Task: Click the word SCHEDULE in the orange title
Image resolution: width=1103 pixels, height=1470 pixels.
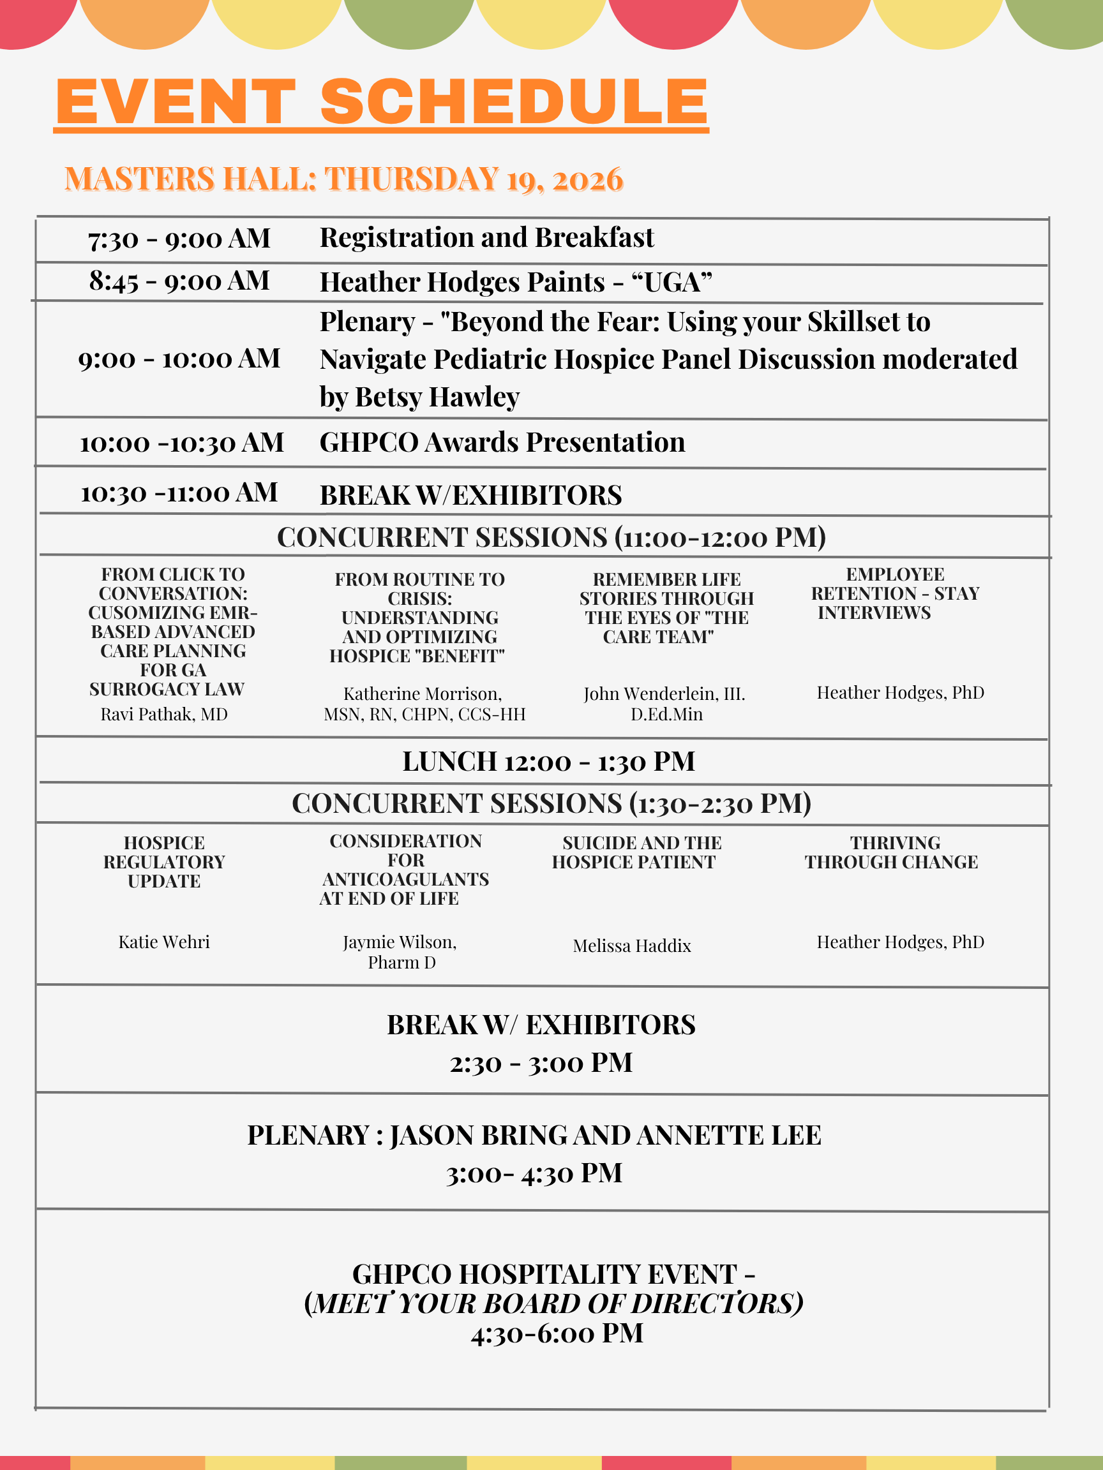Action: [514, 101]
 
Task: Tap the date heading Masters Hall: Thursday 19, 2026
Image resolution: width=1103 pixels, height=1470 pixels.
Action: [344, 179]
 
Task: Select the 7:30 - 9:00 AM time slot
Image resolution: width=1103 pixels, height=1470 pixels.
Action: [179, 239]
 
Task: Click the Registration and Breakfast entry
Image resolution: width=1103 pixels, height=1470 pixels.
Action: [486, 238]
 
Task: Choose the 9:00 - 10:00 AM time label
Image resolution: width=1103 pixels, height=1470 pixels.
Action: [179, 359]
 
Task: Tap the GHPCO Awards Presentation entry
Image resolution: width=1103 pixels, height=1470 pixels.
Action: [502, 443]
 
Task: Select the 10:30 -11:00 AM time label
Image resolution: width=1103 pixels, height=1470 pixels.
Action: [179, 493]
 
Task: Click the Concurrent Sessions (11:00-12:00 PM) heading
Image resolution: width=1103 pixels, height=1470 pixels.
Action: [551, 538]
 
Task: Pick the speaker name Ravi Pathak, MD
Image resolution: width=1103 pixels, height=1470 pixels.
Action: [164, 715]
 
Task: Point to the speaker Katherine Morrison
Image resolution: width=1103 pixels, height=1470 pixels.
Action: [422, 694]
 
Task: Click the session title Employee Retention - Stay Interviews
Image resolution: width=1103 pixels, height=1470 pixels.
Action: [895, 593]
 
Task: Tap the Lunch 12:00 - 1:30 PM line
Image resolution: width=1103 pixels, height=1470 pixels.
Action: [548, 762]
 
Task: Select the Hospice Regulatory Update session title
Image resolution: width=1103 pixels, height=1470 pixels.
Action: [164, 862]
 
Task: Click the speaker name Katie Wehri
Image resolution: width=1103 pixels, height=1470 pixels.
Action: [164, 942]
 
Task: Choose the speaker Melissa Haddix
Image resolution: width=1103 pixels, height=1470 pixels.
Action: [632, 946]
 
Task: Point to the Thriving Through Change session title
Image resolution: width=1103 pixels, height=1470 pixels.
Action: [892, 852]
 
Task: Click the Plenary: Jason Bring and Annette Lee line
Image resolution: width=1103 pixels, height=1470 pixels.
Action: [534, 1136]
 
